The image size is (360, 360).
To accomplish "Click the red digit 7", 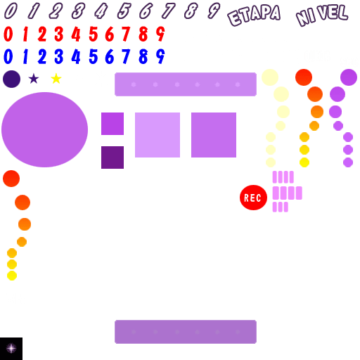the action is click(x=126, y=34).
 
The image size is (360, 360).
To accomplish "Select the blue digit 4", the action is click(x=76, y=56).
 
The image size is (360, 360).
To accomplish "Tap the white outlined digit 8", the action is click(x=191, y=11).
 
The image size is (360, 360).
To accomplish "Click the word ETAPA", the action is click(x=254, y=15).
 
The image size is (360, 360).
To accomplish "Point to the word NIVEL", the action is click(x=322, y=15).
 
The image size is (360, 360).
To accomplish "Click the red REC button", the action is click(x=253, y=198).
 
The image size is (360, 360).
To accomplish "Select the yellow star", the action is click(x=56, y=79).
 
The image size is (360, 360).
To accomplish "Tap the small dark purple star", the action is click(x=34, y=79).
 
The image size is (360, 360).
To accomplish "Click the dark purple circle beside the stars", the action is click(x=11, y=79).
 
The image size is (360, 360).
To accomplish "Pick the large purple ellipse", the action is click(x=44, y=129).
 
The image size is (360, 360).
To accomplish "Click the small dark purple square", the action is click(x=112, y=157).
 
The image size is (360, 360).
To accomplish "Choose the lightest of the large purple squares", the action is click(x=157, y=135).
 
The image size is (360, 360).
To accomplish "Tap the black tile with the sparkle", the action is click(x=11, y=349).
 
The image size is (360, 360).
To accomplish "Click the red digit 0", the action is click(x=8, y=34).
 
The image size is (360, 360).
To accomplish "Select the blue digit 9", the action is click(x=160, y=56).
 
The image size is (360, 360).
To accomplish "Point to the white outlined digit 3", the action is click(x=78, y=11).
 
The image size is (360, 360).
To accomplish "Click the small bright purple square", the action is click(x=112, y=124).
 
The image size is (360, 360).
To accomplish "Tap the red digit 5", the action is click(x=94, y=34).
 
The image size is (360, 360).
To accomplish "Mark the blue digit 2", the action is click(x=42, y=56).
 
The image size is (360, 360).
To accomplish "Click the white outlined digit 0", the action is click(x=11, y=11).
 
